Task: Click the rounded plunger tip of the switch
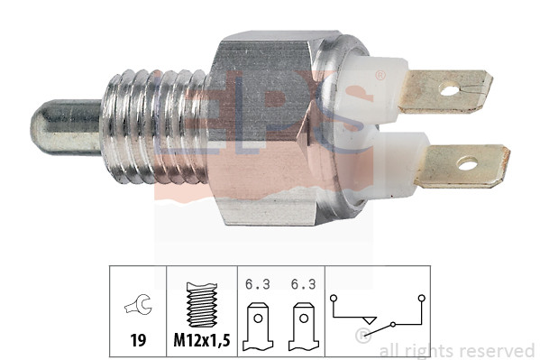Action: [x=66, y=126]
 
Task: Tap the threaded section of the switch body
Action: [x=155, y=126]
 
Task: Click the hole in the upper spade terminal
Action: [x=449, y=91]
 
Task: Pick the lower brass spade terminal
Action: [x=462, y=166]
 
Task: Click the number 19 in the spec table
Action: [x=138, y=340]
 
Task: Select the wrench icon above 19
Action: [x=138, y=304]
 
